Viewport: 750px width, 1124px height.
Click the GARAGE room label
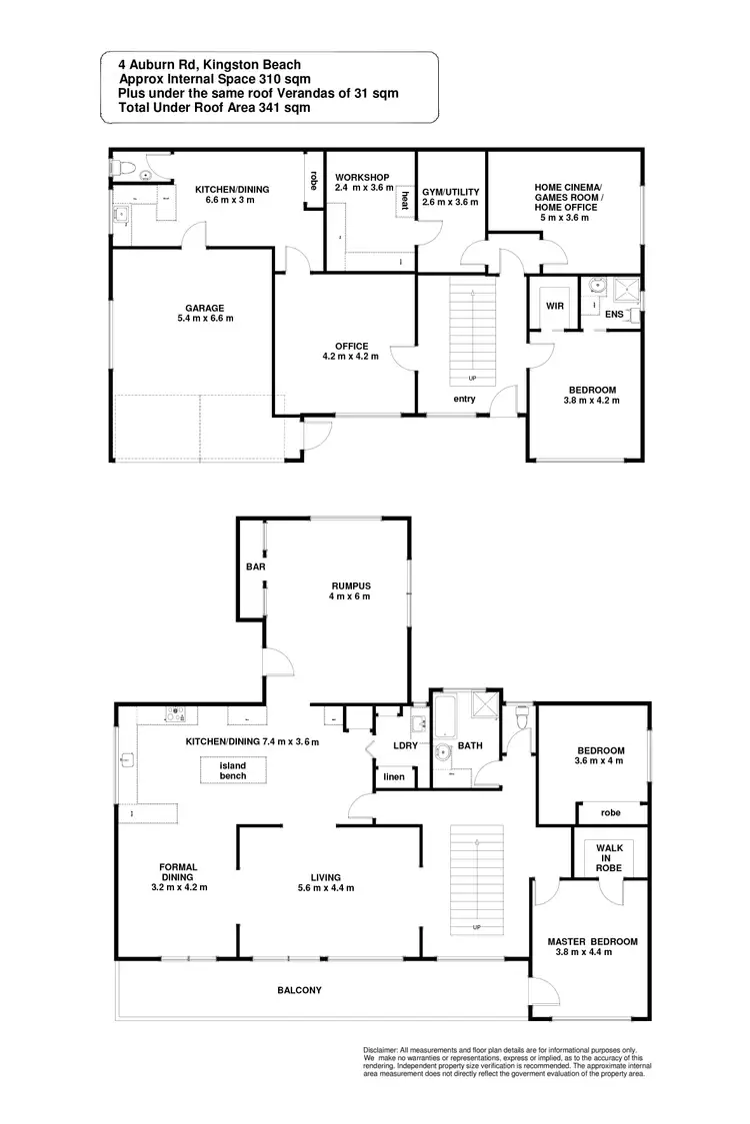tap(204, 308)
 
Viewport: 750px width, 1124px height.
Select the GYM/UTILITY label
tap(450, 191)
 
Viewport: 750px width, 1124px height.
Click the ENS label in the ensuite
tap(614, 314)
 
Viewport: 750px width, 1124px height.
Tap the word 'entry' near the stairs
tap(464, 400)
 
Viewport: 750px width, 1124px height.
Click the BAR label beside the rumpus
tap(254, 566)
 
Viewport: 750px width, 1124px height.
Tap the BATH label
tap(470, 746)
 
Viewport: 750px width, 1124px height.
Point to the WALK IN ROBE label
tap(608, 858)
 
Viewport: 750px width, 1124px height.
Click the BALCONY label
tap(300, 990)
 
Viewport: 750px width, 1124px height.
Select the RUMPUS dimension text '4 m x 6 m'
tap(351, 596)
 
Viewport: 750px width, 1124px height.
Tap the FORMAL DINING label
tap(179, 871)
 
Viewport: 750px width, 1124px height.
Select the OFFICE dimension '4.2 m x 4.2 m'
tap(350, 356)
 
